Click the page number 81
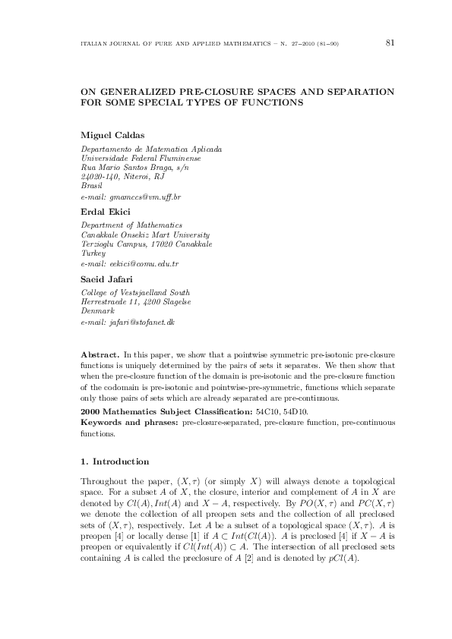click(x=390, y=42)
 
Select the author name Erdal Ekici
click(x=103, y=212)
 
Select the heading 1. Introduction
click(x=114, y=461)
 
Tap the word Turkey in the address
click(x=93, y=253)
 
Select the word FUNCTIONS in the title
click(x=270, y=102)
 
